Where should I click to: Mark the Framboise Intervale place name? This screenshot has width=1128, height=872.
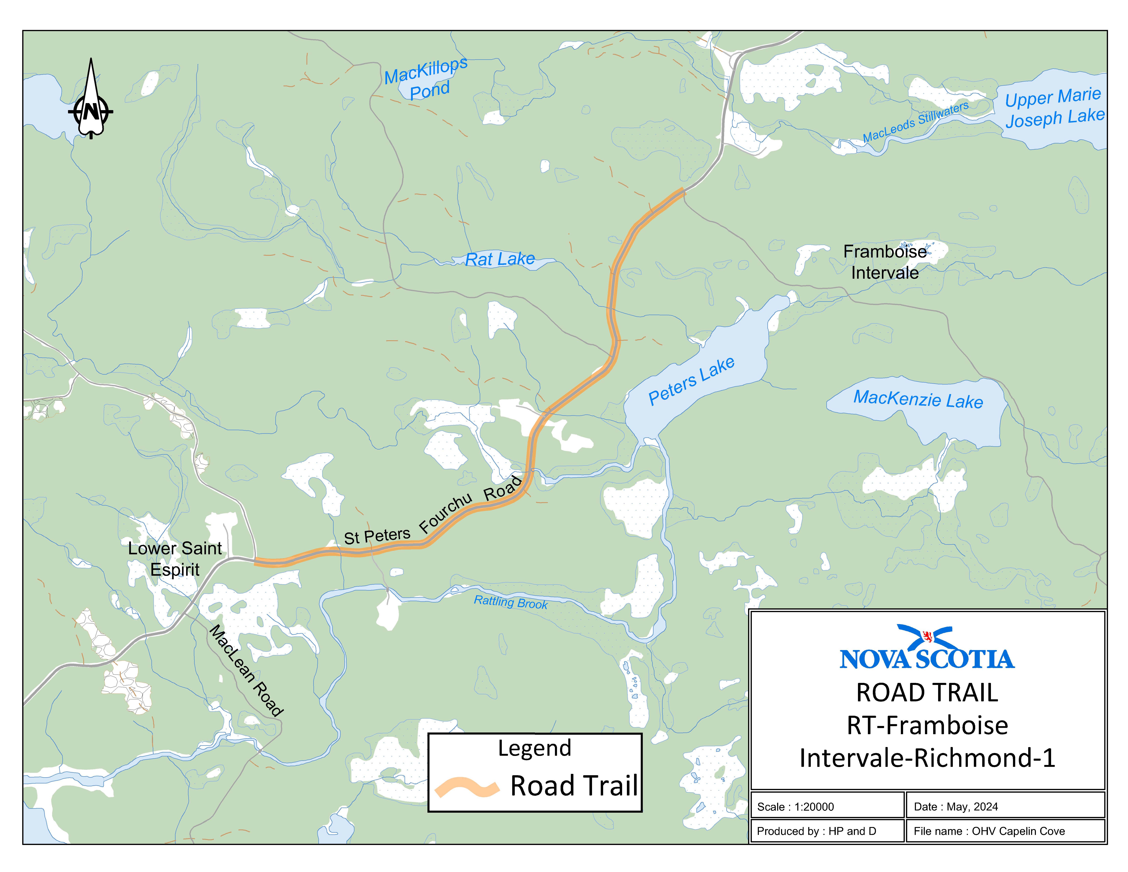tap(885, 262)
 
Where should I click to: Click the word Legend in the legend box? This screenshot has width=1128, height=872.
tap(535, 748)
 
